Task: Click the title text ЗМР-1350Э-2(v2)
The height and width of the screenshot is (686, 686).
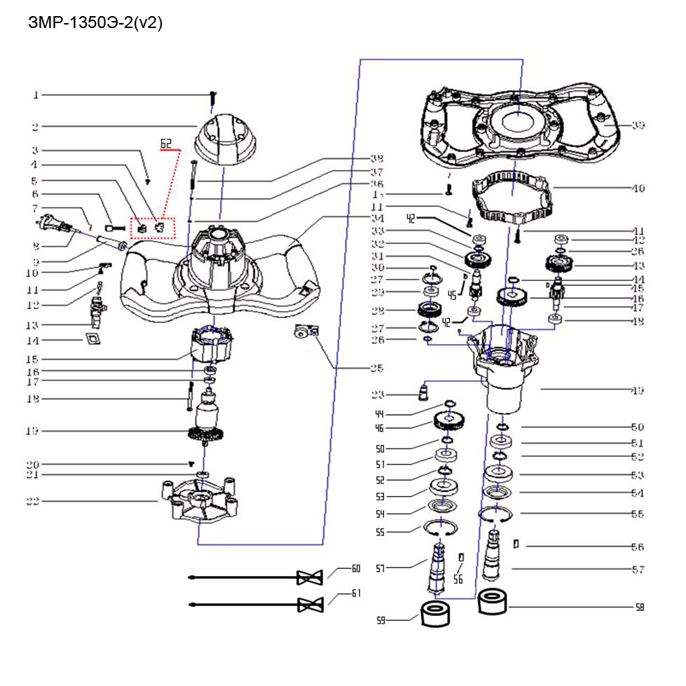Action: click(95, 22)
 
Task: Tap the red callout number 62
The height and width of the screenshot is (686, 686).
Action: click(166, 144)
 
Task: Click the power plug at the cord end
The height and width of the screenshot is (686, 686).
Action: click(47, 226)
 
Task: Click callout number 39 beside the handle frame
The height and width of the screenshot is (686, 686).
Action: click(638, 126)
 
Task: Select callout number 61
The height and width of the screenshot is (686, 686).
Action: click(356, 593)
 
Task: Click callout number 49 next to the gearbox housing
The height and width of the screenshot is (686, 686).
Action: click(638, 390)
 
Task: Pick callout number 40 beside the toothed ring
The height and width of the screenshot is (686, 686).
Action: click(638, 188)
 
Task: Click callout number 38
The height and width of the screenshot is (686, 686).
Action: click(378, 158)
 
